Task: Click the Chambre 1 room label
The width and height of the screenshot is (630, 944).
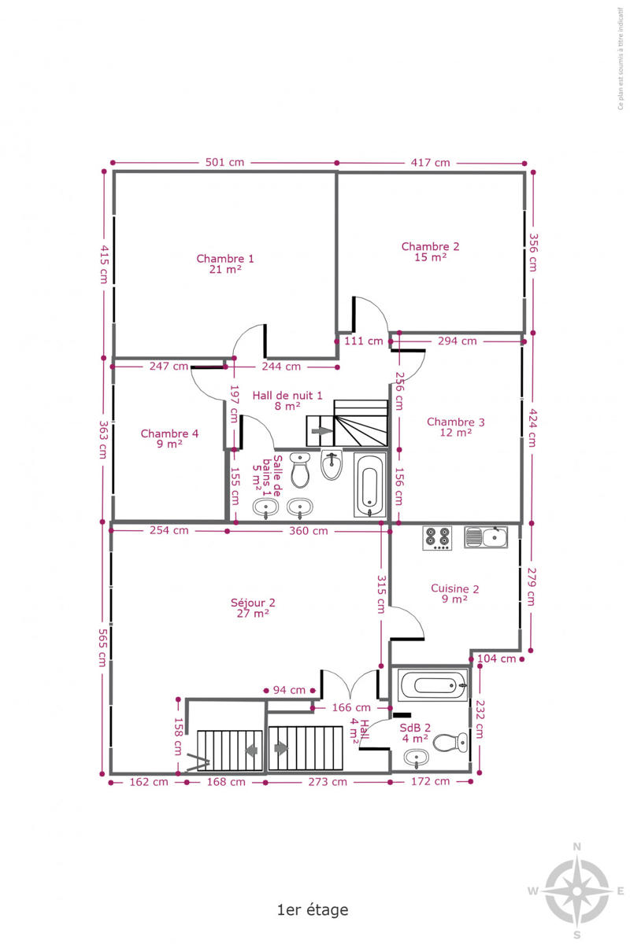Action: click(225, 264)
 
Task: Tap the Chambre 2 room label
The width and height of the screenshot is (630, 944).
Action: click(430, 252)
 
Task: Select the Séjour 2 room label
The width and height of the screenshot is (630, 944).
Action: click(253, 607)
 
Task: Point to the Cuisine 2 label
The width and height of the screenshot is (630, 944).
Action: click(454, 593)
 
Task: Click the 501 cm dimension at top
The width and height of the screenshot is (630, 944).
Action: click(224, 162)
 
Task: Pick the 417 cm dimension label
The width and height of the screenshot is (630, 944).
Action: click(430, 163)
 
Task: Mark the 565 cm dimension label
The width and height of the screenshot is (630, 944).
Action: click(103, 647)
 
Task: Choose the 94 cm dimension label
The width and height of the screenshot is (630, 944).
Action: click(289, 690)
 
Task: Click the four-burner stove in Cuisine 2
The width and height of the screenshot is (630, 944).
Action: click(437, 538)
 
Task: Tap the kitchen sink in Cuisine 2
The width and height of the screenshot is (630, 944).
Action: click(486, 537)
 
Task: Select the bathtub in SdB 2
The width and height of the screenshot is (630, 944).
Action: click(433, 686)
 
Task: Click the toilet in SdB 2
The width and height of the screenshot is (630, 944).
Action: click(450, 742)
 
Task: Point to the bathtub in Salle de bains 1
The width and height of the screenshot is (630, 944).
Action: click(369, 485)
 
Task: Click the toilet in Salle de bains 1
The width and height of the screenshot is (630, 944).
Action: click(300, 470)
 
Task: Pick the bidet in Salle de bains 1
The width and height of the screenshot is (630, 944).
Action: click(332, 465)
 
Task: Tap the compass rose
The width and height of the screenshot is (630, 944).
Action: click(576, 891)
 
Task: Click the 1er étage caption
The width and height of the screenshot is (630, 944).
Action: click(313, 909)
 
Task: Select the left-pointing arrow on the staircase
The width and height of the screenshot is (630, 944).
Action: click(252, 750)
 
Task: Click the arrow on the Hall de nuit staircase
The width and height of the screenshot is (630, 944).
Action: click(322, 431)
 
